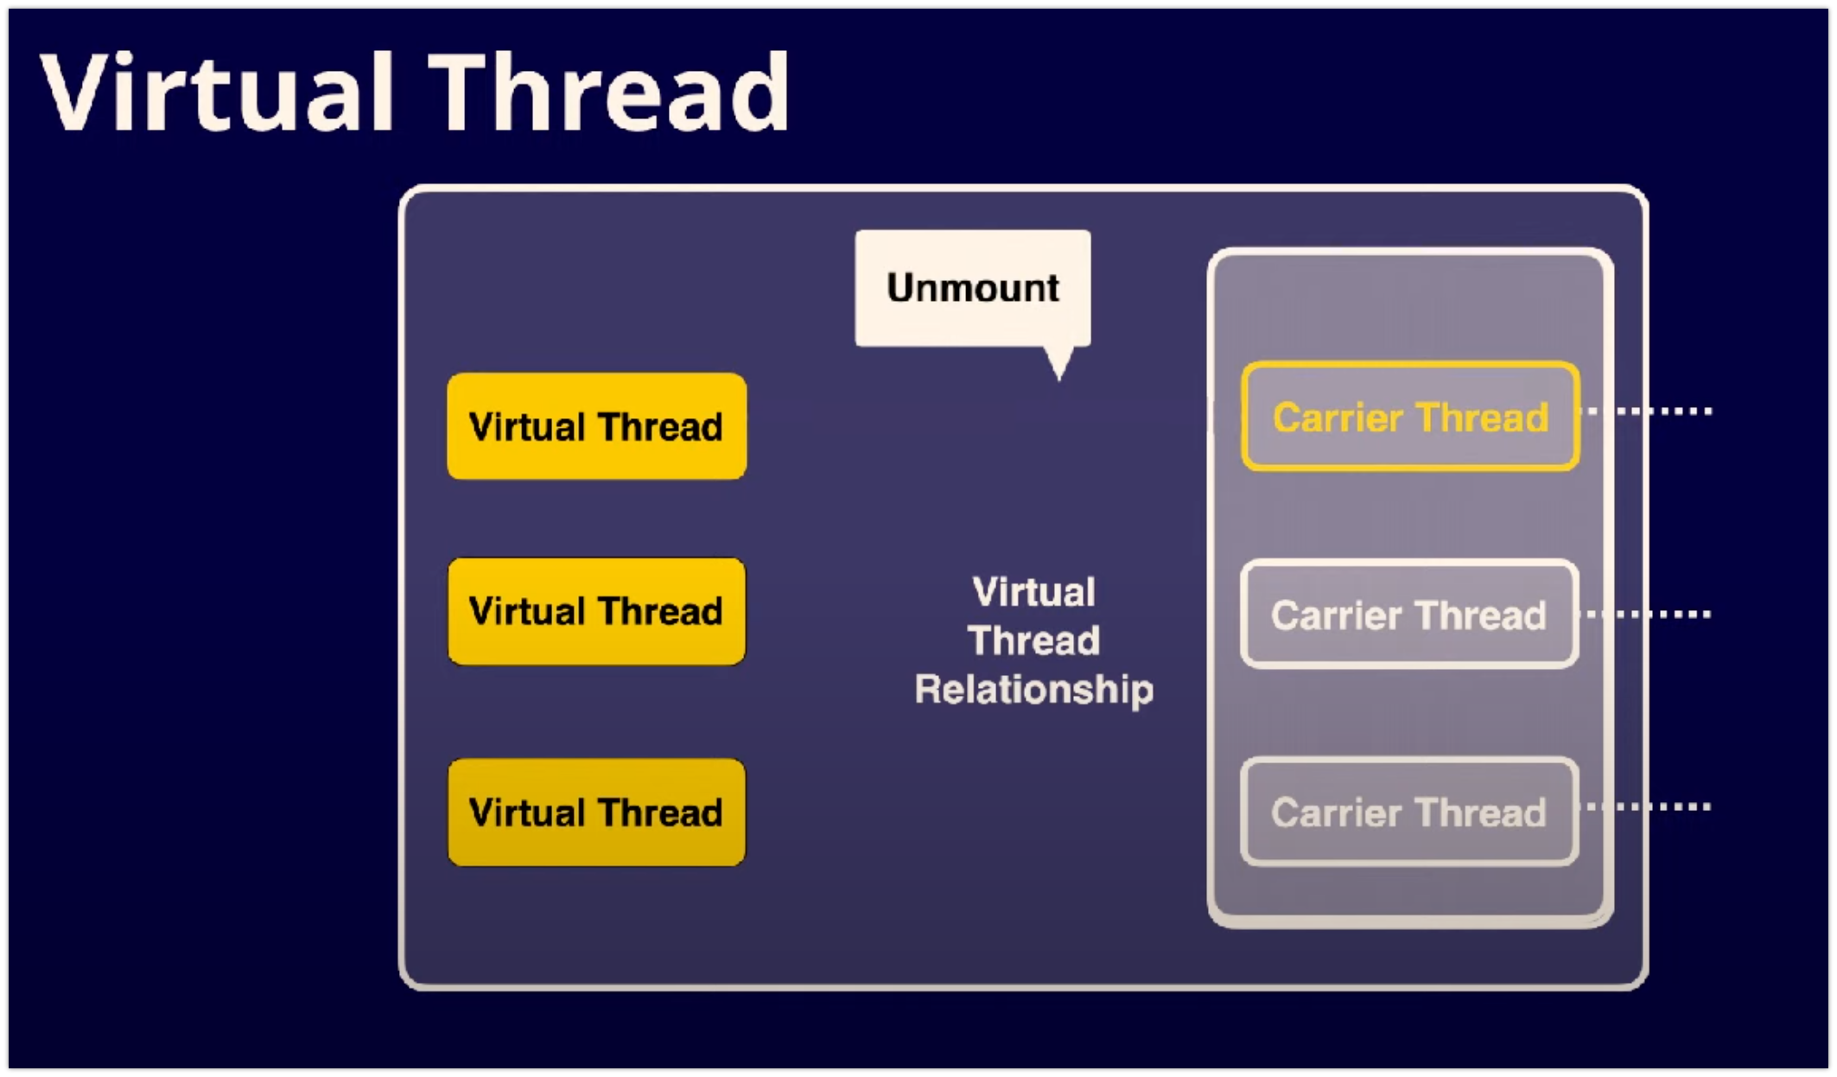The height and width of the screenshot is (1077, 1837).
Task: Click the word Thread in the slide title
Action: [609, 92]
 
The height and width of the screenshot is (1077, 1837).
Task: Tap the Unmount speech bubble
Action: [972, 288]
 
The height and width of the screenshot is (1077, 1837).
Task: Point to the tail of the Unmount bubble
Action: [1059, 363]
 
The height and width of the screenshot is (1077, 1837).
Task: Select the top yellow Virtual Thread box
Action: [596, 426]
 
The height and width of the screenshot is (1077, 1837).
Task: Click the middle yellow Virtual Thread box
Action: [596, 611]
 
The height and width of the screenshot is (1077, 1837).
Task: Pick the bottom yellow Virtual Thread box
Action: [596, 813]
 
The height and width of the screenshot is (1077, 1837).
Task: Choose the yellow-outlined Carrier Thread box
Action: [1410, 417]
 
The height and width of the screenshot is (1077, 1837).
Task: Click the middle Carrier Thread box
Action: [1409, 615]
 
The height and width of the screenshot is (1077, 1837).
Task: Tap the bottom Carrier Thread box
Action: [1409, 813]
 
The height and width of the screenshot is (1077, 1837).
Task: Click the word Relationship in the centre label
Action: [1033, 690]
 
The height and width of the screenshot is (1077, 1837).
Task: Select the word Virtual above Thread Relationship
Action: [1033, 593]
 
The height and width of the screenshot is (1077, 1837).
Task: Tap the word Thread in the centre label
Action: [1033, 641]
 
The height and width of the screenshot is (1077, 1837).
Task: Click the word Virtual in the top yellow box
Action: [527, 427]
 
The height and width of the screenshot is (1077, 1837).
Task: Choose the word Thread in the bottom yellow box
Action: [660, 813]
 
